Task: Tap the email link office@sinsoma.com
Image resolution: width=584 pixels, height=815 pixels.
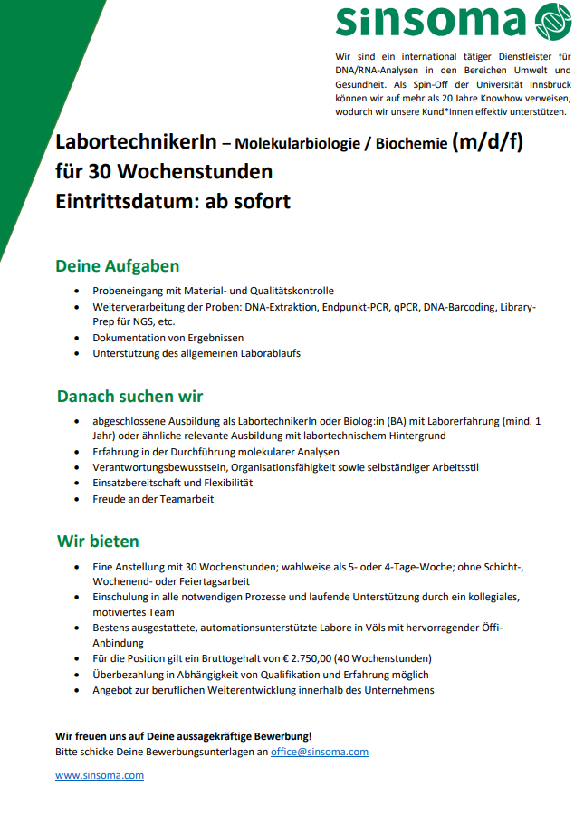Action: click(x=320, y=752)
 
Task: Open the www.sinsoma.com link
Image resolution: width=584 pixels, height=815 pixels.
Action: click(x=100, y=775)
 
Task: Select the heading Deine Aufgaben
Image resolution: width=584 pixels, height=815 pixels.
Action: click(x=118, y=266)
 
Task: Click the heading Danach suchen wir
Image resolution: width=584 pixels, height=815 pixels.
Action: click(x=129, y=397)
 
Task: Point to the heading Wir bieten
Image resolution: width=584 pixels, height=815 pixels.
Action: click(x=98, y=542)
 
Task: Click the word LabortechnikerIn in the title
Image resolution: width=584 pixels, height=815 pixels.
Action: click(x=136, y=143)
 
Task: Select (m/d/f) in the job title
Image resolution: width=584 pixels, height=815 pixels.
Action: click(x=488, y=142)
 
